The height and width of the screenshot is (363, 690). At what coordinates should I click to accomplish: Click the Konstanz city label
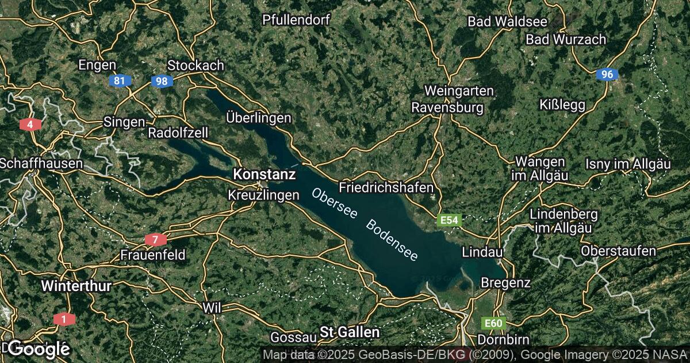point(264,173)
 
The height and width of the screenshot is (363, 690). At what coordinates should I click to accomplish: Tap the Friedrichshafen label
point(386,188)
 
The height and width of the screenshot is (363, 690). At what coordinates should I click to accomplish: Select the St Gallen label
point(350,332)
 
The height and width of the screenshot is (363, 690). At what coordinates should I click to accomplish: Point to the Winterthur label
point(76,285)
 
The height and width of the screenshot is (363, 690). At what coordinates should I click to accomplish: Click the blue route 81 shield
point(119,81)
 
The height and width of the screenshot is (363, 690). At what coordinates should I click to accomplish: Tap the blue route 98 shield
point(162,81)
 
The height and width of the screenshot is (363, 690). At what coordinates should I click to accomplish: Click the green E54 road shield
point(449,220)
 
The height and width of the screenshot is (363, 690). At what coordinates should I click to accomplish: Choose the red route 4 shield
point(29,124)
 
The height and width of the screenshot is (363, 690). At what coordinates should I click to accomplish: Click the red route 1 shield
point(63,319)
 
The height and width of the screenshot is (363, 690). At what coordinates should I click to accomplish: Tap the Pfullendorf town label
point(296,20)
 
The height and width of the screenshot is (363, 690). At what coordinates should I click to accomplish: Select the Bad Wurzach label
point(566,40)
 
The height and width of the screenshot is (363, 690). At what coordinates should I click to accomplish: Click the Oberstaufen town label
point(618,251)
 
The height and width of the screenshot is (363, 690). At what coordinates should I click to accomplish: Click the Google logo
point(39,348)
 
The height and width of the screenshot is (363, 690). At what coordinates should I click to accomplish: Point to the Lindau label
point(483,252)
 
